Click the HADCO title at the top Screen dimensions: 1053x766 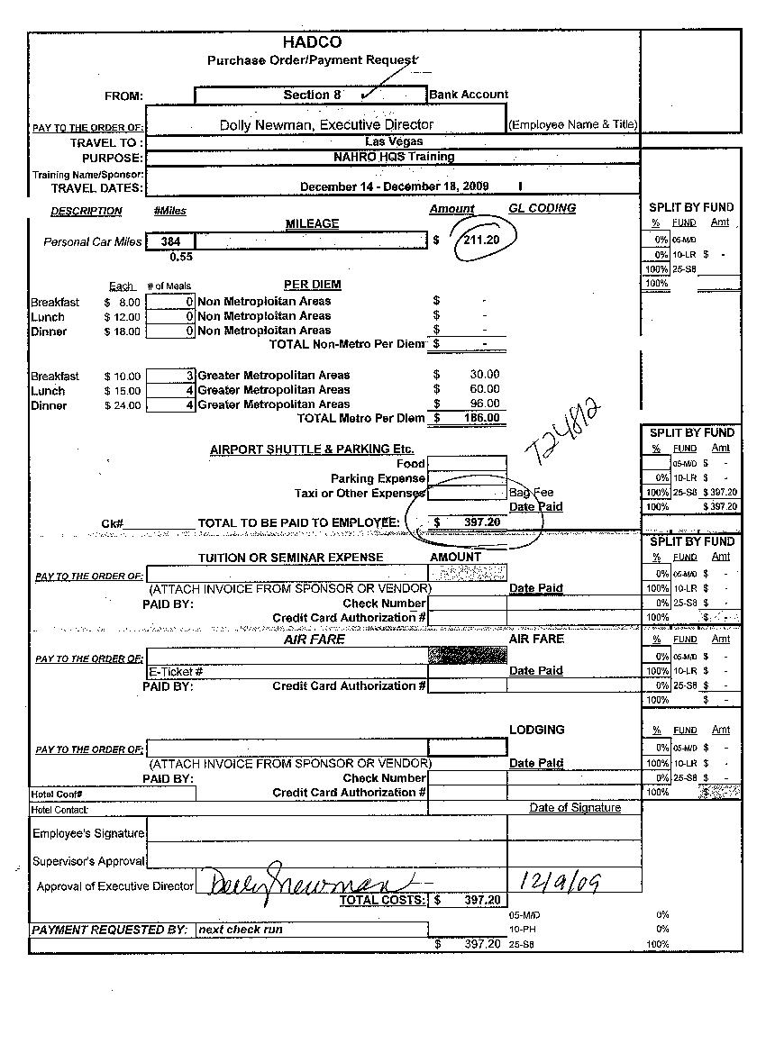point(312,42)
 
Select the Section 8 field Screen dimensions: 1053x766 point(306,95)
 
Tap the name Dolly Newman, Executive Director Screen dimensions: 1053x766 point(326,125)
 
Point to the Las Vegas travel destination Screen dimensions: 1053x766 point(394,141)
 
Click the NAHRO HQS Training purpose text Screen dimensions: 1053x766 point(393,157)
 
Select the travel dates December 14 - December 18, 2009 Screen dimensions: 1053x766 point(394,186)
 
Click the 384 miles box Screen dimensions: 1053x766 point(170,241)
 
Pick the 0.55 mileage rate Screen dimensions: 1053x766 point(181,257)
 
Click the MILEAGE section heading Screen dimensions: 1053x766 point(312,223)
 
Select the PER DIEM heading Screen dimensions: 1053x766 point(312,285)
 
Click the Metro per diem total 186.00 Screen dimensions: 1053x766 point(481,418)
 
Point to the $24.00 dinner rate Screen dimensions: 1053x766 point(123,405)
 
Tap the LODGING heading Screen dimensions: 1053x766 point(537,730)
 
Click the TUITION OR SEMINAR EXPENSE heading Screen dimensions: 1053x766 point(290,558)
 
